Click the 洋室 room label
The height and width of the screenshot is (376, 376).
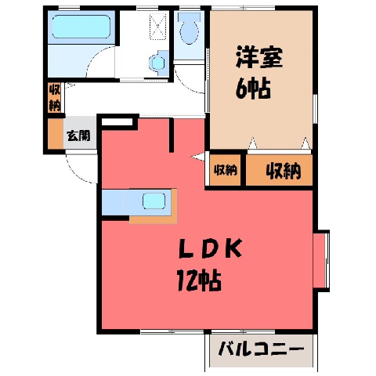point(259,57)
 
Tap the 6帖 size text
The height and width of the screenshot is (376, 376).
point(253,89)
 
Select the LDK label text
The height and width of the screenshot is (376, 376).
point(210,249)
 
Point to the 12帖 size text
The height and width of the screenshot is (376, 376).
point(199,280)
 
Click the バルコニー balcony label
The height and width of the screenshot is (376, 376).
point(261,349)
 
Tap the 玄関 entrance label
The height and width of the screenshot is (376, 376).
point(78,136)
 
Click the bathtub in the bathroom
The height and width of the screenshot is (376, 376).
point(81,27)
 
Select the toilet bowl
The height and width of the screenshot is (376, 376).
point(190,29)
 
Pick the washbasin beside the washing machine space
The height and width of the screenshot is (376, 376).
point(158,63)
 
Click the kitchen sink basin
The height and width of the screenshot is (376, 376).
point(154,201)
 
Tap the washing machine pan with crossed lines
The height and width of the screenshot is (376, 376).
point(157,27)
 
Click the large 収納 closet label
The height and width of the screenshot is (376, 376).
point(284,171)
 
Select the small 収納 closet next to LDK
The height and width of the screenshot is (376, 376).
point(226,170)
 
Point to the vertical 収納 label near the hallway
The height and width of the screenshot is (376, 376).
point(55,98)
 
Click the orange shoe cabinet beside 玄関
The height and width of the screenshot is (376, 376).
point(56,134)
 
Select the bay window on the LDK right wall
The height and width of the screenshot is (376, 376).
point(321,261)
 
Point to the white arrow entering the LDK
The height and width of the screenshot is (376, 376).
point(197,157)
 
